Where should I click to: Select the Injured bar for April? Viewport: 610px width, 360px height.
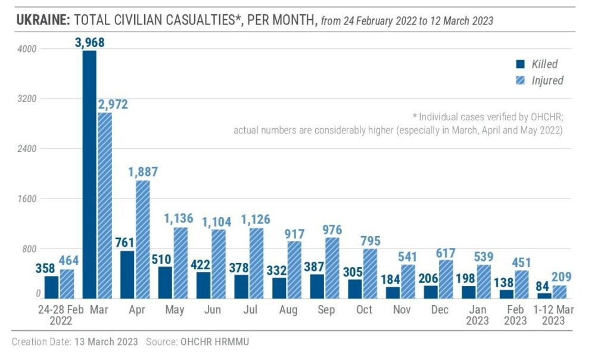click(142, 239)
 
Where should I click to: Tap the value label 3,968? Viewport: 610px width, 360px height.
click(89, 42)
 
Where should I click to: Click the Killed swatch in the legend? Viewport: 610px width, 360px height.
click(520, 64)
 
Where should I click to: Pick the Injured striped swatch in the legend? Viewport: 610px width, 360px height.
click(520, 80)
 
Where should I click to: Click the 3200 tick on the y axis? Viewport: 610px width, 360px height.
click(27, 99)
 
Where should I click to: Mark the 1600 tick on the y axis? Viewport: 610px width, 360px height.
click(27, 199)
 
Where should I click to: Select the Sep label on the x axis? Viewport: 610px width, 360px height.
click(326, 310)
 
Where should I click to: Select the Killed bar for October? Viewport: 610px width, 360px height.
click(356, 288)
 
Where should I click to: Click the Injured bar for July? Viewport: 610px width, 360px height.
click(257, 263)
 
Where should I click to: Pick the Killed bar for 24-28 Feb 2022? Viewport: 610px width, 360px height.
click(52, 287)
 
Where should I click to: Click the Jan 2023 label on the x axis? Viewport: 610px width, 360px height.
click(478, 315)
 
